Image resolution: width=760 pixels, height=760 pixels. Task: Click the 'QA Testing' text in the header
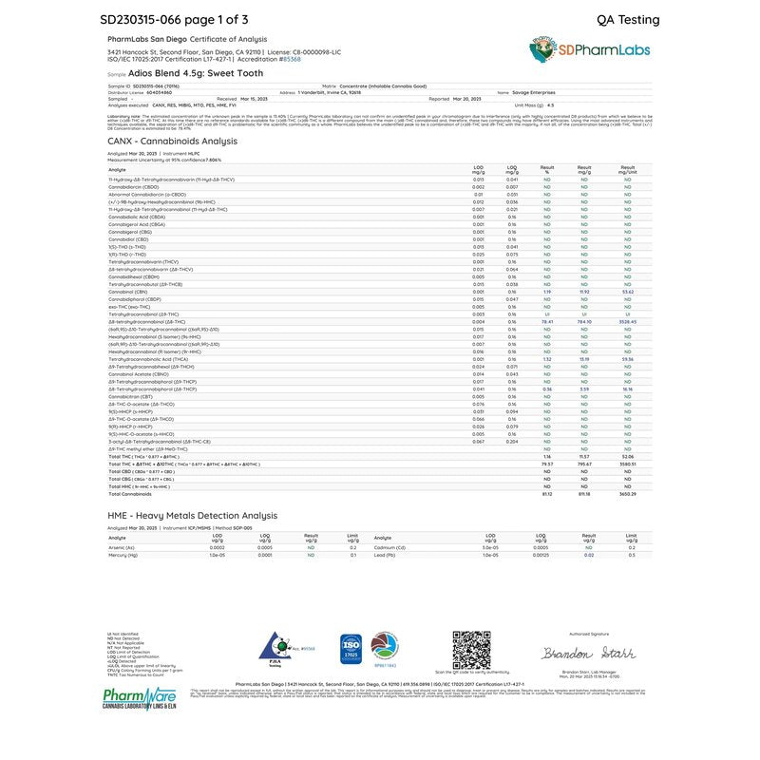pyautogui.click(x=627, y=19)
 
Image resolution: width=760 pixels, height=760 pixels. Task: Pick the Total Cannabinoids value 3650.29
pyautogui.click(x=627, y=494)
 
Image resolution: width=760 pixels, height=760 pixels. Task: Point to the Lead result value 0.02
pyautogui.click(x=588, y=555)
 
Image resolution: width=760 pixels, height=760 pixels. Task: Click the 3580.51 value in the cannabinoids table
pyautogui.click(x=627, y=464)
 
